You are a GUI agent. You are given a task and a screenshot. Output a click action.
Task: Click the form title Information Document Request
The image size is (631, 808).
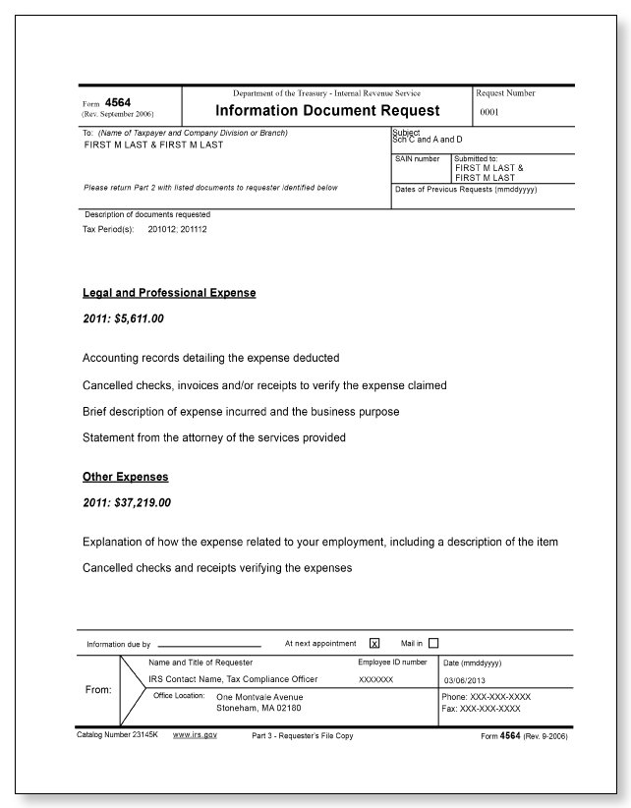[x=326, y=111]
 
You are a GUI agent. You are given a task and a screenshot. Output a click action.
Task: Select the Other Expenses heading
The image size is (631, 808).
[x=125, y=477]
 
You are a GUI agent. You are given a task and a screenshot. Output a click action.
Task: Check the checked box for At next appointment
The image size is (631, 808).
[x=374, y=644]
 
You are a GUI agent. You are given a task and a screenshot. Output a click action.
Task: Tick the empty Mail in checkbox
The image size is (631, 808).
[x=433, y=644]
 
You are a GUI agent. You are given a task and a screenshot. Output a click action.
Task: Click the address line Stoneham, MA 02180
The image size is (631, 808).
[x=259, y=708]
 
